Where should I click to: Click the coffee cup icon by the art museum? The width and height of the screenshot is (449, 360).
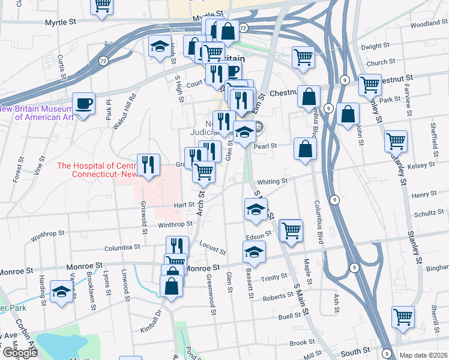point(83,104)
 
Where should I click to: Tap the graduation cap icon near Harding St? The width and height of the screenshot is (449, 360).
point(61,292)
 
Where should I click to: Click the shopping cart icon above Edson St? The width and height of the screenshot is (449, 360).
point(291,230)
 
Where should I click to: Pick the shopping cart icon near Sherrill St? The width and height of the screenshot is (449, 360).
point(403,317)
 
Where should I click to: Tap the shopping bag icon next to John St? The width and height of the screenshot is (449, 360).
point(348,114)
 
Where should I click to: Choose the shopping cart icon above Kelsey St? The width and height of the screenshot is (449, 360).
point(396,142)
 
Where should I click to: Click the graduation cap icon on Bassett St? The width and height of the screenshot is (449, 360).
point(254,252)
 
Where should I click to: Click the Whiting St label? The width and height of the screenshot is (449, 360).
point(273,181)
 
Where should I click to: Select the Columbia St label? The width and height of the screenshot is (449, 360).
point(122,247)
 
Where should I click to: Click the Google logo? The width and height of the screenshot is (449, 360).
point(19,352)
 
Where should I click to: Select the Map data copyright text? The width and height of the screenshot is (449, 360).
point(424,355)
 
